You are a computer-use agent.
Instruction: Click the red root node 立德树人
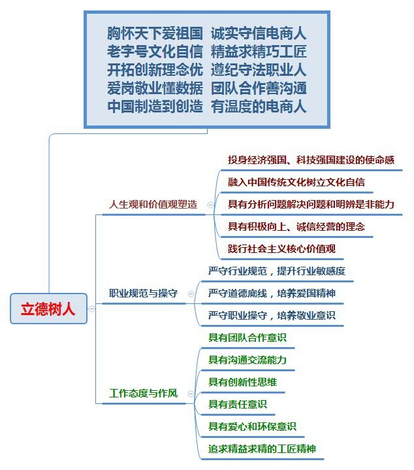pyautogui.click(x=48, y=309)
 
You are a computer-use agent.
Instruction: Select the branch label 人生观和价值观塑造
pyautogui.click(x=153, y=204)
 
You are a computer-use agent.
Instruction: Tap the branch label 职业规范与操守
pyautogui.click(x=144, y=294)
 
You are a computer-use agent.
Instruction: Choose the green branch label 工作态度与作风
pyautogui.click(x=144, y=394)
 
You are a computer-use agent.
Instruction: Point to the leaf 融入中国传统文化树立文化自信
pyautogui.click(x=296, y=182)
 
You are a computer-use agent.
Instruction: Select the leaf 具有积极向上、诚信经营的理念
pyautogui.click(x=296, y=226)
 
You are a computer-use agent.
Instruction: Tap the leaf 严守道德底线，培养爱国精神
pyautogui.click(x=272, y=293)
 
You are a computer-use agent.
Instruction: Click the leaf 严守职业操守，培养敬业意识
pyautogui.click(x=272, y=315)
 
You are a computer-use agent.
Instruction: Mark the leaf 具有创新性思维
pyautogui.click(x=242, y=382)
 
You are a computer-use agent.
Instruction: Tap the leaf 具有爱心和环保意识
pyautogui.click(x=252, y=426)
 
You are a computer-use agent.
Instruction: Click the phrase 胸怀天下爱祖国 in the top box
pyautogui.click(x=155, y=33)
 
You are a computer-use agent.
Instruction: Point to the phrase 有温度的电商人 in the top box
pyautogui.click(x=259, y=107)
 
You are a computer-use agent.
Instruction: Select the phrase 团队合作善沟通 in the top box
pyautogui.click(x=259, y=88)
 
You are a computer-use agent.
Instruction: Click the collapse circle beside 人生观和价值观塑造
pyautogui.click(x=210, y=205)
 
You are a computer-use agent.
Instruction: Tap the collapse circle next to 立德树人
pyautogui.click(x=91, y=309)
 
